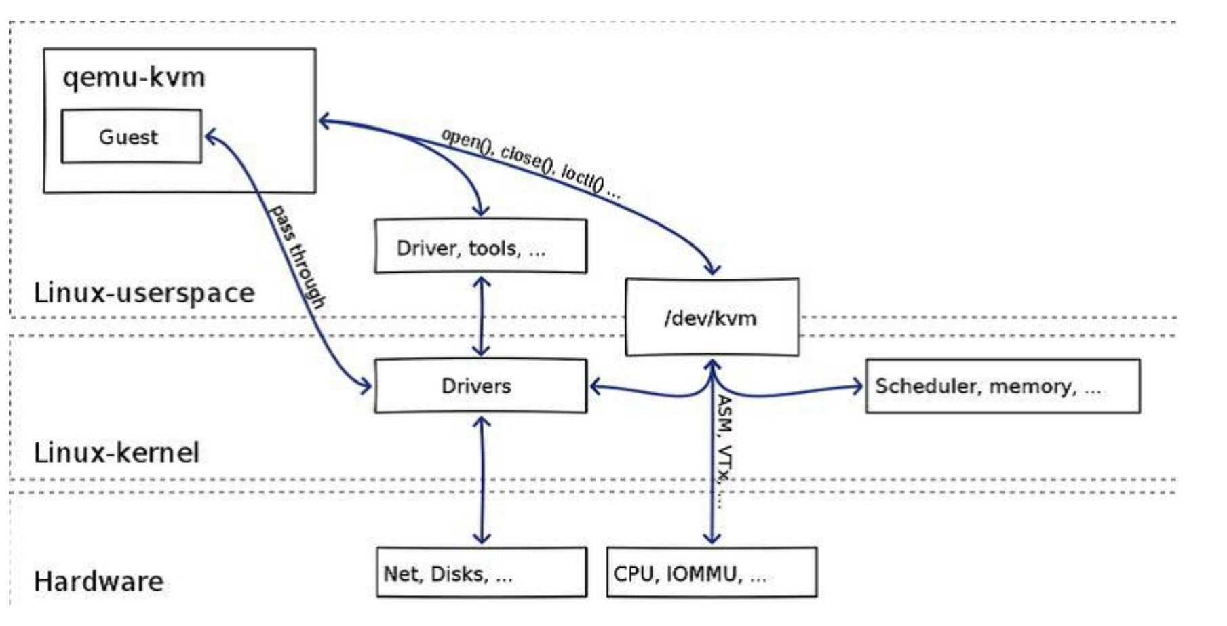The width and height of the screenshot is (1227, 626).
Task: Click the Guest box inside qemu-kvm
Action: click(131, 136)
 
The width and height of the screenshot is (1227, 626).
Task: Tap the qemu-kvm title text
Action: click(134, 77)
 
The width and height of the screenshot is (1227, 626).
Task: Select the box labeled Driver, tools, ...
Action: click(480, 247)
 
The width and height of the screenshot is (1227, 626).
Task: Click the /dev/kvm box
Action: click(711, 317)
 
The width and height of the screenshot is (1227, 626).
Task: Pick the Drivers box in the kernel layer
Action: click(480, 386)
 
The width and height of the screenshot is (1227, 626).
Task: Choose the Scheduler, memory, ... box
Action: click(1002, 386)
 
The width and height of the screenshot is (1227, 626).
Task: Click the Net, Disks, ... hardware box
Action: click(481, 573)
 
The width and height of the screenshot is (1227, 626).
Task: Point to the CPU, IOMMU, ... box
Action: click(711, 573)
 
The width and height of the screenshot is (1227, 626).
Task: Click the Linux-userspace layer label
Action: click(144, 293)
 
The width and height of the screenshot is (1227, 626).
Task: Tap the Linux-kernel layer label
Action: click(116, 452)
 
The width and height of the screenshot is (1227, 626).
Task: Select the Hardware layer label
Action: click(98, 582)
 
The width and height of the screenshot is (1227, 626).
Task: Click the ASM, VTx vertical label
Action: click(725, 451)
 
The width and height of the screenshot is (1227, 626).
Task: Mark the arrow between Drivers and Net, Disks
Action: click(482, 480)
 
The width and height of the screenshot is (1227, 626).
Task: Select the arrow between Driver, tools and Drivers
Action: click(482, 316)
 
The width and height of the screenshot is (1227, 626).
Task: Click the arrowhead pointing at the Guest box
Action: click(210, 137)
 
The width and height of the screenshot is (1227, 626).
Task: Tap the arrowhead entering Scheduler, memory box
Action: click(857, 387)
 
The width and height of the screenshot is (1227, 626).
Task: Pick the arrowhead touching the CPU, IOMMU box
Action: click(712, 539)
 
